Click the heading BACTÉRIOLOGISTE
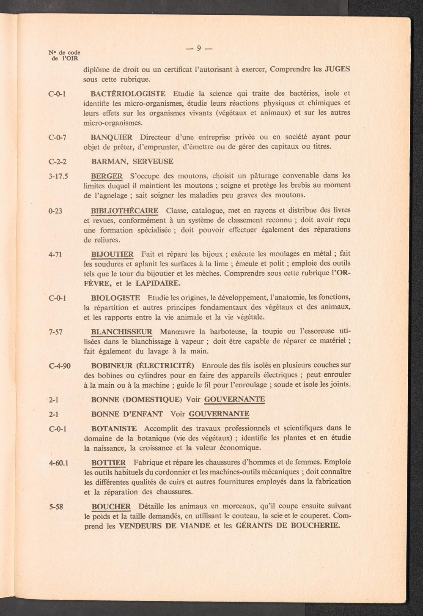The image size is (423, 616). click(x=128, y=93)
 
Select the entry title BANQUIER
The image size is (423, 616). click(x=112, y=137)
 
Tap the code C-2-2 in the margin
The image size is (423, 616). click(x=58, y=162)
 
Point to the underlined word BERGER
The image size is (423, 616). click(x=107, y=175)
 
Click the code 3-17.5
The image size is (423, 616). click(x=58, y=175)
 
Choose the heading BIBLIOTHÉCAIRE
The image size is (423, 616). click(x=125, y=210)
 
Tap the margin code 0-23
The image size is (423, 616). click(x=55, y=211)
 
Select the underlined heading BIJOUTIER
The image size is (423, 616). click(x=112, y=254)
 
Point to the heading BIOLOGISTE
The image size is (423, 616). click(x=116, y=297)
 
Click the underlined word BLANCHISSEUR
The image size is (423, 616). click(x=122, y=331)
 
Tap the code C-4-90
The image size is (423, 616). click(x=60, y=365)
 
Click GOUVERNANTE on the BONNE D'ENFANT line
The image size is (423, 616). click(x=219, y=413)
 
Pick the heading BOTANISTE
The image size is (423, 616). click(x=114, y=428)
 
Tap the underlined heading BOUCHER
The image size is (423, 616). click(x=111, y=506)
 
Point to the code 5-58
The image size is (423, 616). click(x=56, y=506)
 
